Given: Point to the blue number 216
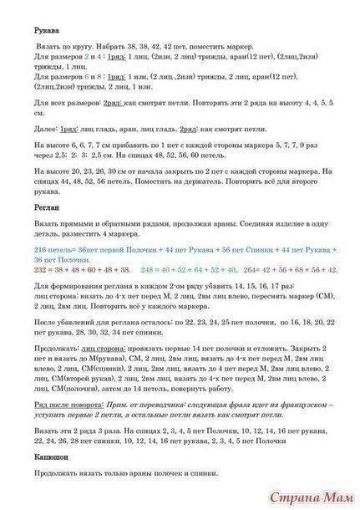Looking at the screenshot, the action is tap(20, 249).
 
